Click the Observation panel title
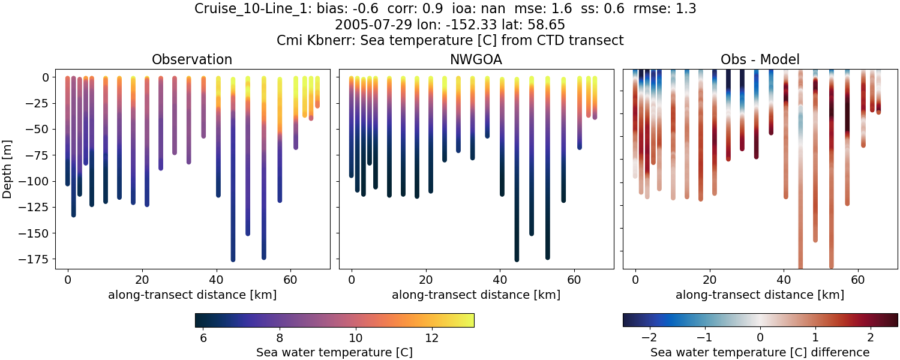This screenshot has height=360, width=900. point(191,59)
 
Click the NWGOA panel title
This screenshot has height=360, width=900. point(476,59)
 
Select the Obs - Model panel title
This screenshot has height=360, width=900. point(760,59)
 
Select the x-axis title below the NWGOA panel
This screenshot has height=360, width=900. point(476,295)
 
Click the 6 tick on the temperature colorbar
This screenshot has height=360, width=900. point(203,338)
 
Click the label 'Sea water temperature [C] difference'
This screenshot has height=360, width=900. point(760,352)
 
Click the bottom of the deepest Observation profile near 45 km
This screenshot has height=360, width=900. point(233,259)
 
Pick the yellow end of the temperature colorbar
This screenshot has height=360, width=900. point(471,320)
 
